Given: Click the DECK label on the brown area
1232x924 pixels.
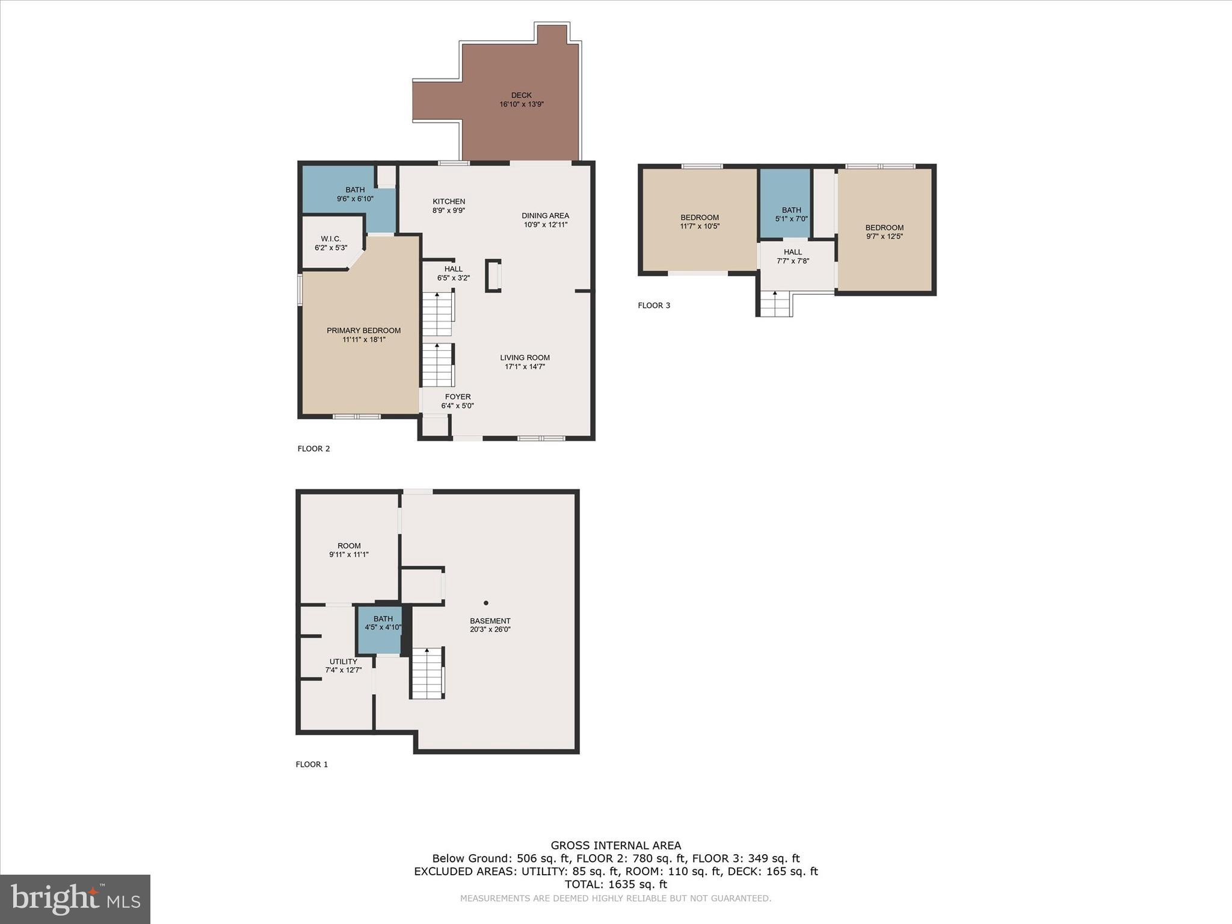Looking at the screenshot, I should (x=521, y=95).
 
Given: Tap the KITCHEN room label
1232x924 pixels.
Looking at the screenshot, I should (x=449, y=202).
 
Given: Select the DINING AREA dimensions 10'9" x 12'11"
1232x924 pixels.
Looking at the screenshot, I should (x=545, y=224).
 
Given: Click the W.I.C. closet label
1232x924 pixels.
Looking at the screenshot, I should (x=331, y=239).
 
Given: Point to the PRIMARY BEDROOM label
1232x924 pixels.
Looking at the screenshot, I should (x=363, y=330).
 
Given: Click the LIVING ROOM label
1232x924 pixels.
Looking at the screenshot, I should (x=525, y=357).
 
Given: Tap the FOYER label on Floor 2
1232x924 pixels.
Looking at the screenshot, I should (x=458, y=396).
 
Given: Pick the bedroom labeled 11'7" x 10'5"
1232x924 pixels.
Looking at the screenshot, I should (x=700, y=221).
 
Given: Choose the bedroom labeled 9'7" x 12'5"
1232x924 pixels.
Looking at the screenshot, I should (x=884, y=232).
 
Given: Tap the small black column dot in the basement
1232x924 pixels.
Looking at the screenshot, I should (x=486, y=603).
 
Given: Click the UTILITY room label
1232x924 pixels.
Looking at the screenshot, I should (x=343, y=661).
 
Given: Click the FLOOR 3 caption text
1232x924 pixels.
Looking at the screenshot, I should (x=654, y=305).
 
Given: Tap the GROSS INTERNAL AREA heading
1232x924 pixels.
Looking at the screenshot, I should (x=615, y=845).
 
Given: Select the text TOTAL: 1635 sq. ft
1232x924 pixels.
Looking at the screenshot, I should (x=615, y=884).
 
